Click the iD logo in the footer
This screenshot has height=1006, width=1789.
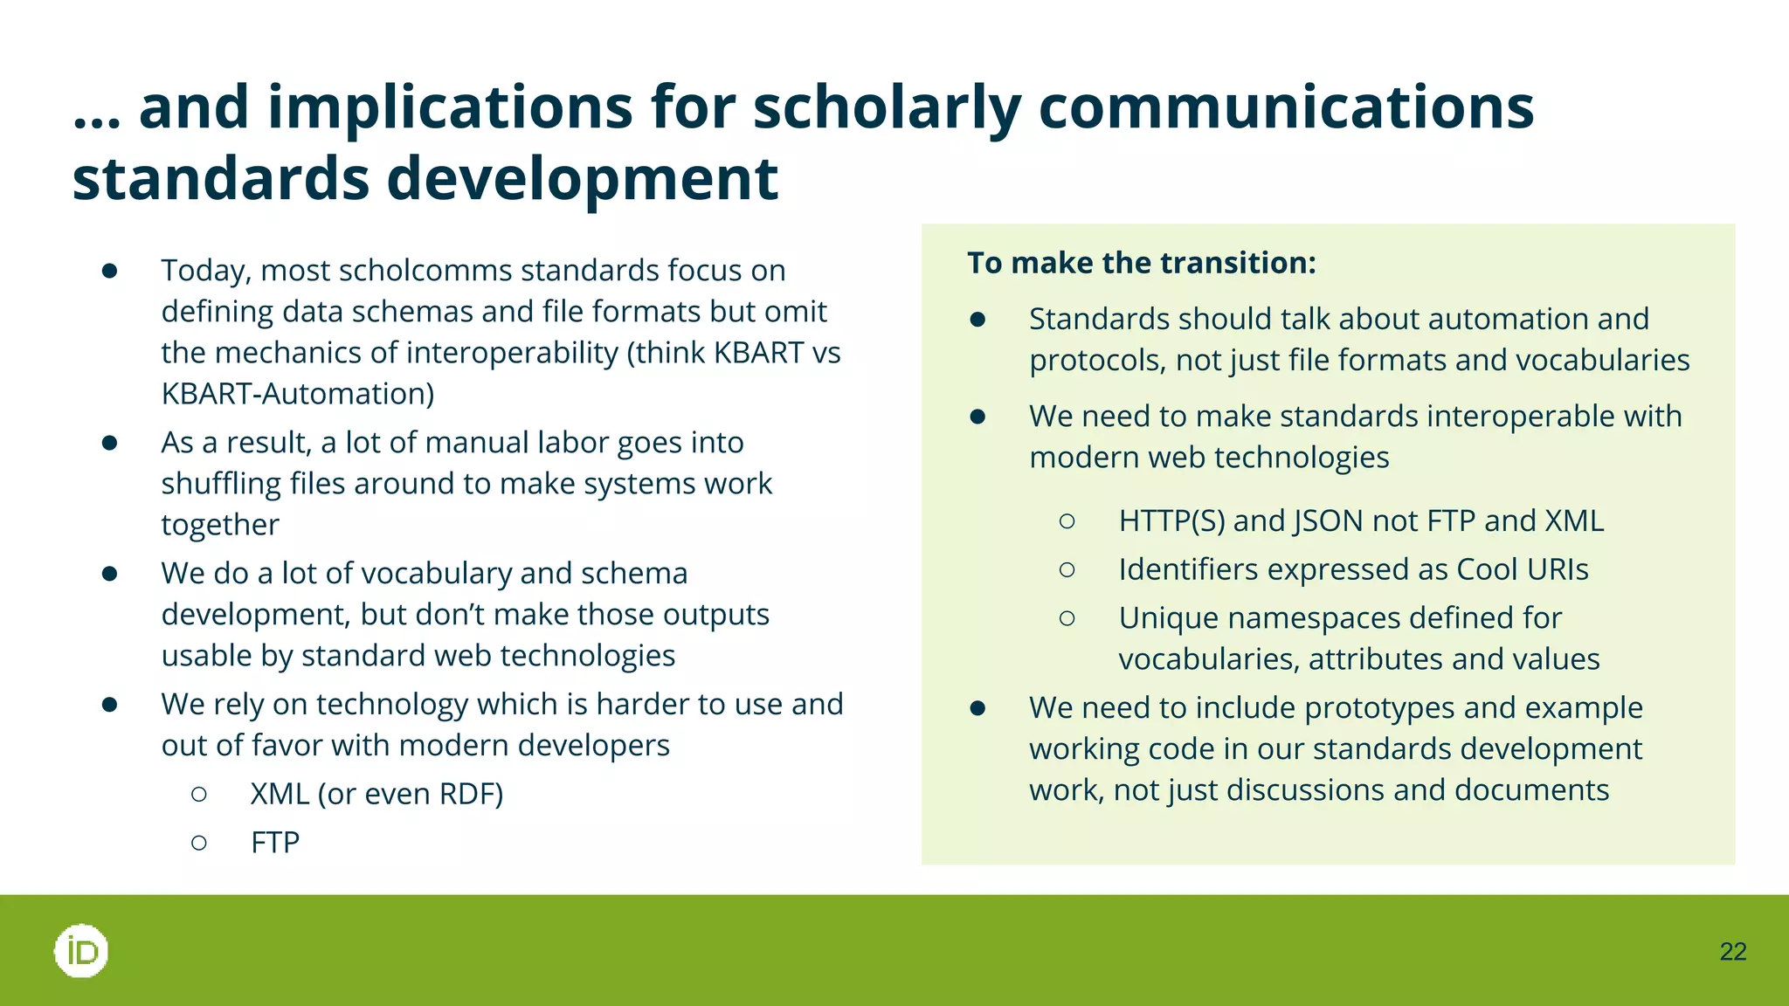tap(81, 950)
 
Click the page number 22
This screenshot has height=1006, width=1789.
tap(1732, 952)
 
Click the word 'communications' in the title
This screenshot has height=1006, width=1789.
tap(1286, 108)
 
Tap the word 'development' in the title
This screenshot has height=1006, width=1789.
tap(582, 179)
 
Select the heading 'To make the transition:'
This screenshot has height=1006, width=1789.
tap(1141, 263)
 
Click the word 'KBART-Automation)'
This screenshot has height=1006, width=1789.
tap(298, 394)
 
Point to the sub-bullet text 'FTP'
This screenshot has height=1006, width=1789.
tap(274, 843)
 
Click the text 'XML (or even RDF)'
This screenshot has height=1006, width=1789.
tap(376, 794)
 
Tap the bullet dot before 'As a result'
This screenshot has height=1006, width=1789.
tap(109, 443)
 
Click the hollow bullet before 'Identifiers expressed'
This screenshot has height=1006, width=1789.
tap(1067, 569)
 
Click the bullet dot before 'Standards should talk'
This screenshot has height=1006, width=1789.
tap(977, 320)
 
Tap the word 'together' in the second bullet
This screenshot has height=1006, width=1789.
tap(220, 525)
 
